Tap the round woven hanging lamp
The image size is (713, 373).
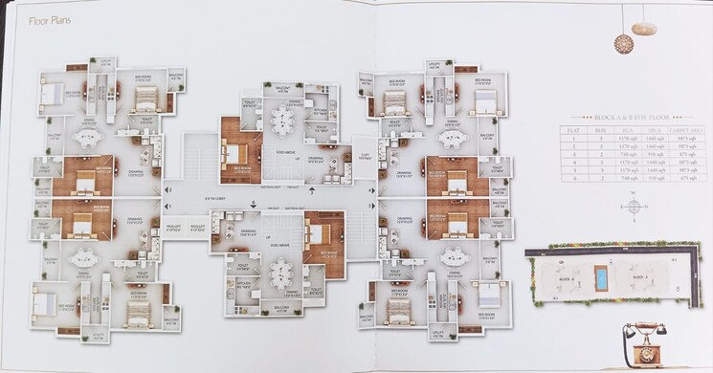(x=623, y=42)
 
